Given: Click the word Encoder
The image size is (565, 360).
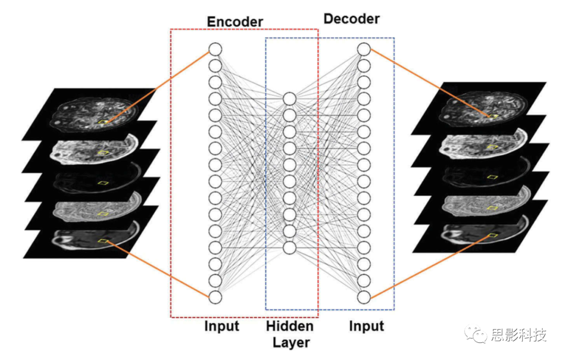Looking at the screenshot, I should coord(235,22).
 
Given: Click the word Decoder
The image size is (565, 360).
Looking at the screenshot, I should coord(352,19).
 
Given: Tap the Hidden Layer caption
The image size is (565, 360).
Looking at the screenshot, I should coord(290,334).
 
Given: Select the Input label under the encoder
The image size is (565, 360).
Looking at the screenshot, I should coord(222,327).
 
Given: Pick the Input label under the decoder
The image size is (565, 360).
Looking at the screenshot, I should coord(366,327).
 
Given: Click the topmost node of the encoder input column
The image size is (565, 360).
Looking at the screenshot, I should coord(216,49).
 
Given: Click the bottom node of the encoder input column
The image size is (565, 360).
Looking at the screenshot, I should coord(216,297).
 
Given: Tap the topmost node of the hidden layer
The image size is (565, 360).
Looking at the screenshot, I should coord(290,98).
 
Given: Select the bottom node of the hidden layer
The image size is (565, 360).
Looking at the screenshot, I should coord(290,247).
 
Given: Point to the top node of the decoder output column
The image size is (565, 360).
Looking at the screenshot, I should coord(364,49).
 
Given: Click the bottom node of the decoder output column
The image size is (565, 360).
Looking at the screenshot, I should coord(364,297).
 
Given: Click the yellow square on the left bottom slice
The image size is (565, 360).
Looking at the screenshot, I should coord(104,241).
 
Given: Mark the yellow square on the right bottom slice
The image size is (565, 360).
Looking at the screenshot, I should coord(492,235).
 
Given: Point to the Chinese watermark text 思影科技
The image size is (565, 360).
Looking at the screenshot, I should coord(518,335).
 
